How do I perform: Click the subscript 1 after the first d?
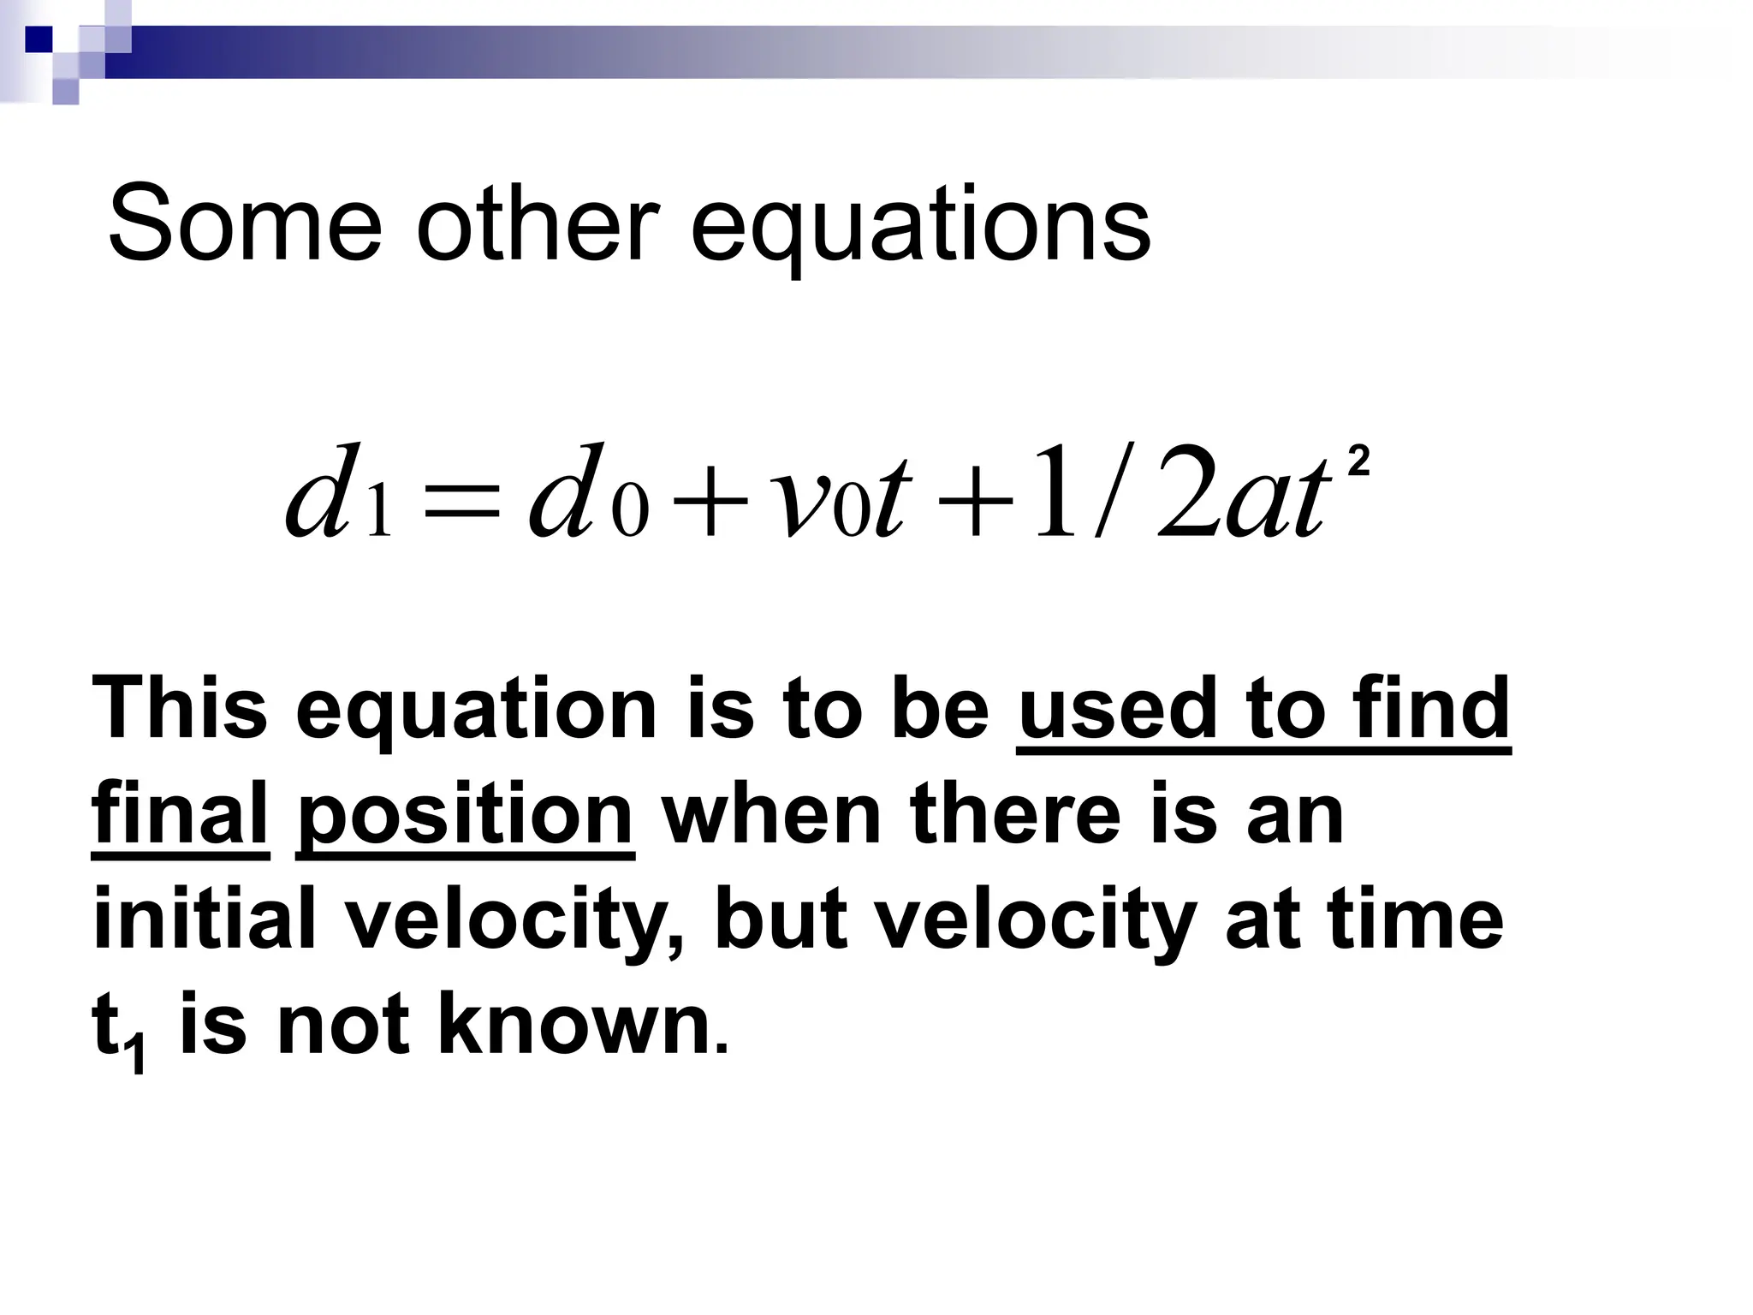pos(378,516)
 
